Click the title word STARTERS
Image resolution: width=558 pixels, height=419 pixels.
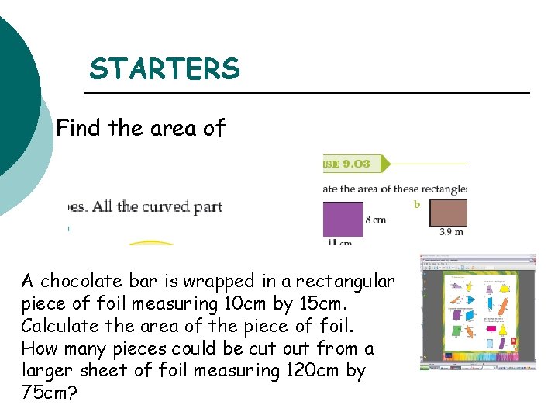click(x=165, y=70)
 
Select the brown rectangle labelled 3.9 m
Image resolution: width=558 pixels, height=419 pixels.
click(x=448, y=212)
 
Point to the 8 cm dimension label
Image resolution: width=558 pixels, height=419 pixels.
click(x=375, y=220)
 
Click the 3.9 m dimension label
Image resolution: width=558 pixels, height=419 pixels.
click(x=452, y=231)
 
